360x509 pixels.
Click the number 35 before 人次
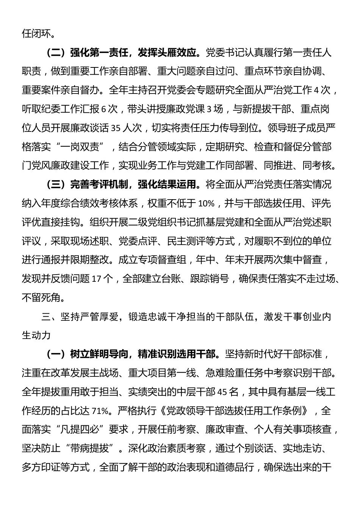click(116, 128)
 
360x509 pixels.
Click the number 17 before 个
click(97, 279)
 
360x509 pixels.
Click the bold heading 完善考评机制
click(95, 185)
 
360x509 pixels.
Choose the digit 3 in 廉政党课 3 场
click(208, 109)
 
